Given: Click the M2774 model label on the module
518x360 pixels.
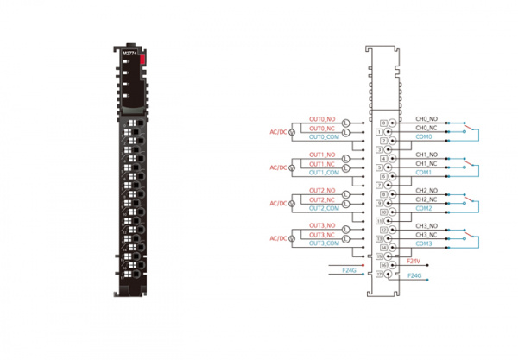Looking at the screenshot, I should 129,54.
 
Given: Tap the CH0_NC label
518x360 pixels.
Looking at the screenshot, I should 426,128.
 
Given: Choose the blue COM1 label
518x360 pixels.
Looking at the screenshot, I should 423,172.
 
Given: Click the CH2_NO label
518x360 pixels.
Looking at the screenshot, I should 426,190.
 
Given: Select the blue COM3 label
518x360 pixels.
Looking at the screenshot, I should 423,243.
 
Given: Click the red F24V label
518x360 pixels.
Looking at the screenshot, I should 413,260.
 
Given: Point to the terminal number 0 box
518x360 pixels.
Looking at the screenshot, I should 383,123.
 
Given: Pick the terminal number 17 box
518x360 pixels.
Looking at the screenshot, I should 380,274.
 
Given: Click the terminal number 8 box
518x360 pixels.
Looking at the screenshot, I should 383,194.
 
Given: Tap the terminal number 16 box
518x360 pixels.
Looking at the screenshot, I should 383,265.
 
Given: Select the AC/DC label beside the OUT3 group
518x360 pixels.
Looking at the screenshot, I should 278,239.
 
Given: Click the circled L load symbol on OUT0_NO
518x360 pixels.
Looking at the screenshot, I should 346,123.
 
